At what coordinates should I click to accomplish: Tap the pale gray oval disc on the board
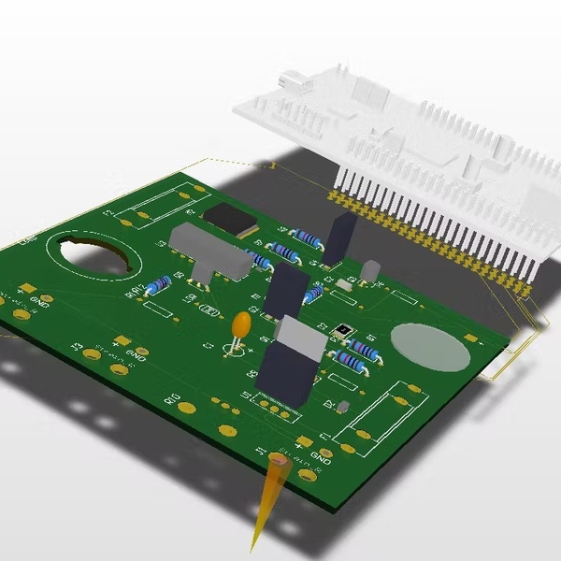point(429,346)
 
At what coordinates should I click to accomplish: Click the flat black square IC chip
point(230,218)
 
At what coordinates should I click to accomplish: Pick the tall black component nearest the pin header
point(339,237)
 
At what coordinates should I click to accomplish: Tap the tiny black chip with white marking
point(345,329)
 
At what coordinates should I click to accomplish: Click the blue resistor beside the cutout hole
point(158,283)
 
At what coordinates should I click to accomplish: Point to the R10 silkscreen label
point(173,399)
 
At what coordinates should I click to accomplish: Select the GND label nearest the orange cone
point(323,457)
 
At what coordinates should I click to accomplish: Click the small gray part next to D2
point(343,407)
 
